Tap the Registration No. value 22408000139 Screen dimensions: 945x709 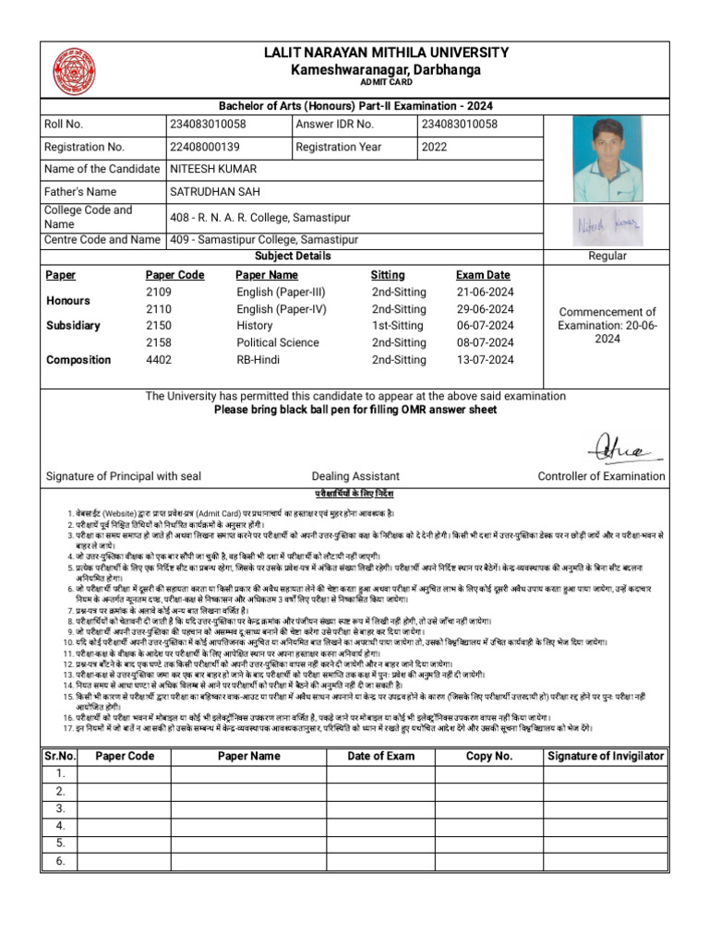205,147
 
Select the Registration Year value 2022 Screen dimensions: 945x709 434,147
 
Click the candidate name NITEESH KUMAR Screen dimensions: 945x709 213,169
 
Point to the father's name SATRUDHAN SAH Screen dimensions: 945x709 215,192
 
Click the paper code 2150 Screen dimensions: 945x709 159,326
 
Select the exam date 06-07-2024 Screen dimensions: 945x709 485,326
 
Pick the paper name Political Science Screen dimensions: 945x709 277,343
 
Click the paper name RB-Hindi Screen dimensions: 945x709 259,360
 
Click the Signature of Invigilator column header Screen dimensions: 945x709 605,756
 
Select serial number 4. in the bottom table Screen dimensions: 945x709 60,826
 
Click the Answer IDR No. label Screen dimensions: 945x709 335,125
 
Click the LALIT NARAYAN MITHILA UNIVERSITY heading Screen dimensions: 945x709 386,54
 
